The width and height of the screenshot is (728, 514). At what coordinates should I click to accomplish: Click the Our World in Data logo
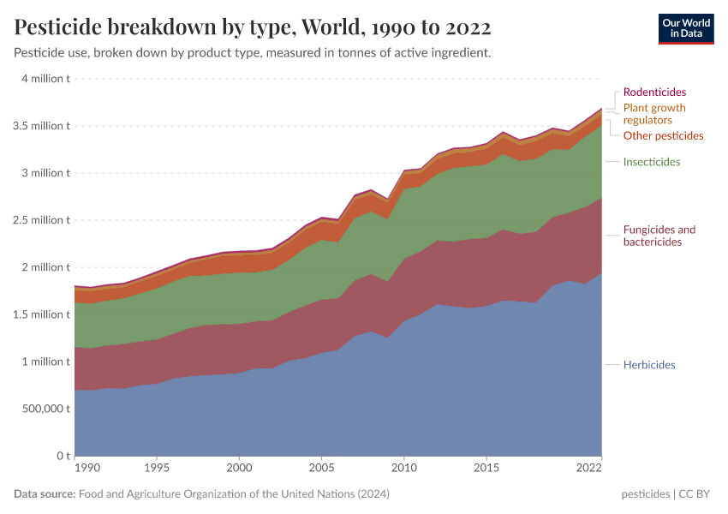pos(685,27)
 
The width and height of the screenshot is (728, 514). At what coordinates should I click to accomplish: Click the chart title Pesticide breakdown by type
pos(253,27)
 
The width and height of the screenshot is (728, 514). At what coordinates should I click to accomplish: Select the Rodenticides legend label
pos(654,92)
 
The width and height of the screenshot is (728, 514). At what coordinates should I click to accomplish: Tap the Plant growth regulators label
pos(654,114)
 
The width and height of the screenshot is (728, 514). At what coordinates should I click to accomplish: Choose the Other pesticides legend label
pos(663,135)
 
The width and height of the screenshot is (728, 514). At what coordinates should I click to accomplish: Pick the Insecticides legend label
pos(652,162)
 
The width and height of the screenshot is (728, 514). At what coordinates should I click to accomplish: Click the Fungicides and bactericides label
pos(659,236)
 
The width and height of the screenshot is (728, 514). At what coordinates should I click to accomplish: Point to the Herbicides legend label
pos(649,365)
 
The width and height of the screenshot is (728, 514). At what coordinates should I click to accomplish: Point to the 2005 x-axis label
pos(321,469)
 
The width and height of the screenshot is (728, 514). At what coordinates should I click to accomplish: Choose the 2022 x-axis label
pos(589,469)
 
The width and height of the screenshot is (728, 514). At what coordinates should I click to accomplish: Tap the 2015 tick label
pos(486,469)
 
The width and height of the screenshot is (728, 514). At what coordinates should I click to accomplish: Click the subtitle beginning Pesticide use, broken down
pos(253,52)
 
